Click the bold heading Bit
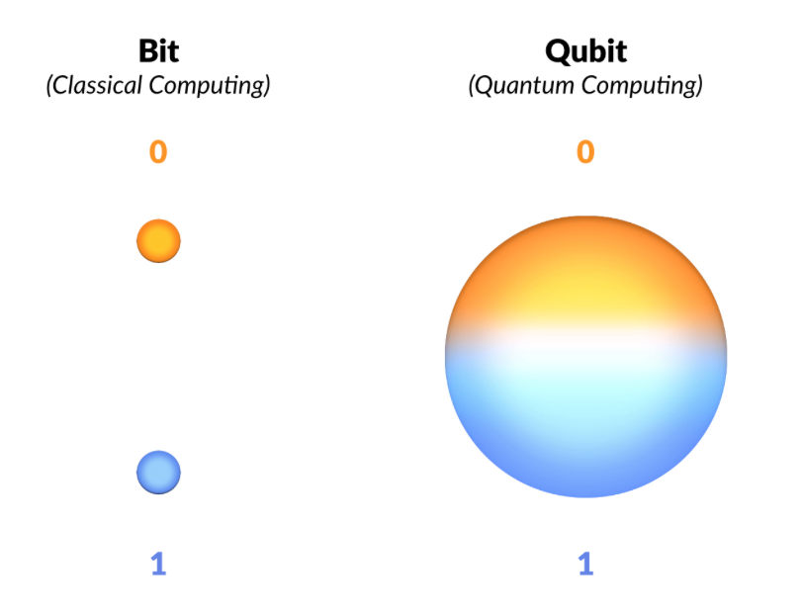pos(158,50)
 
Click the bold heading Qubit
pos(585,50)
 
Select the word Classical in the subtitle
pos(98,85)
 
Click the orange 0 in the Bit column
pos(158,152)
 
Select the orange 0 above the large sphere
pos(585,152)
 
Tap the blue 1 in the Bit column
pos(158,564)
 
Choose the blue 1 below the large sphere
pos(585,564)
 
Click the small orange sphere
pos(158,241)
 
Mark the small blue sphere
pos(158,473)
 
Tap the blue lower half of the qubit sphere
pos(585,435)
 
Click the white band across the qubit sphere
pos(585,341)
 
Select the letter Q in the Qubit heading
pos(558,51)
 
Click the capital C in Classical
pos(59,85)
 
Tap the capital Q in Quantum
pos(482,85)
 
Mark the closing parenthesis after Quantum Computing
pos(699,86)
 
